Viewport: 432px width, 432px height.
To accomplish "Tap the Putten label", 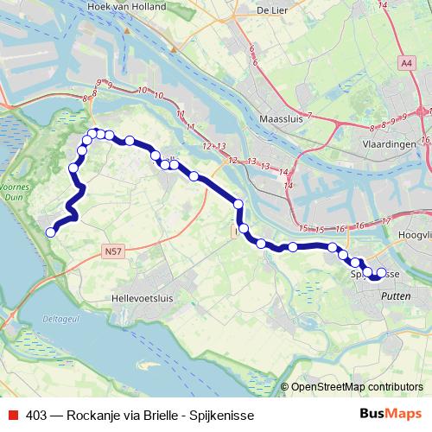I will point(396,295).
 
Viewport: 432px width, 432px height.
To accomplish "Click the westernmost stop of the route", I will point(51,232).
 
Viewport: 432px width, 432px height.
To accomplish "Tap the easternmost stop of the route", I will point(382,273).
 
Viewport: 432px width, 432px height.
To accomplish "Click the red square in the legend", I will point(14,415).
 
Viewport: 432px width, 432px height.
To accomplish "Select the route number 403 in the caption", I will point(36,415).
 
